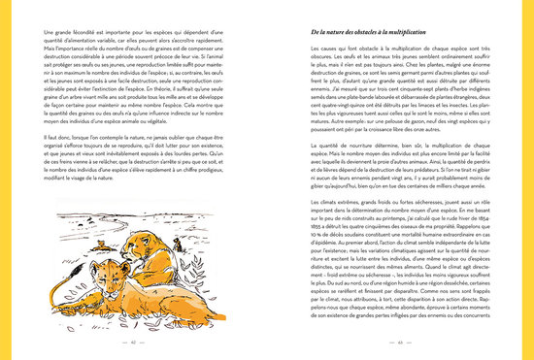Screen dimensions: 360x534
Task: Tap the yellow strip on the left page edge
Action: pos(3,180)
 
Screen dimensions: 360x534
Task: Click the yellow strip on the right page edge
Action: pos(531,180)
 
